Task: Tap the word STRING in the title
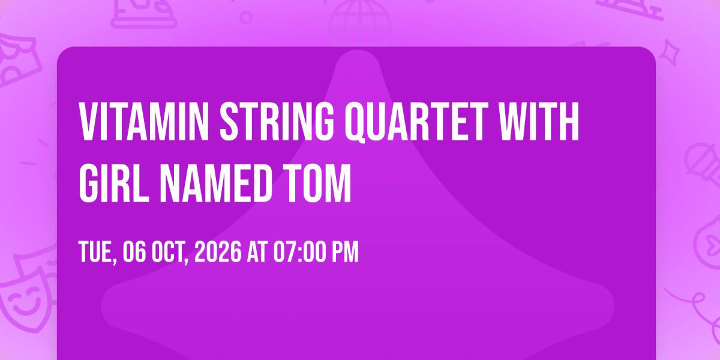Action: point(277,121)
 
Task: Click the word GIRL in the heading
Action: point(114,184)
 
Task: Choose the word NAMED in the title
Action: point(217,184)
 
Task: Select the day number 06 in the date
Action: point(134,252)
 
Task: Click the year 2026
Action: point(218,252)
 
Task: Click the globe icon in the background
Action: point(360,23)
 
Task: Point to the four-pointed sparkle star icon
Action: point(670,53)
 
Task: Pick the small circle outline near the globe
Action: point(246,17)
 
